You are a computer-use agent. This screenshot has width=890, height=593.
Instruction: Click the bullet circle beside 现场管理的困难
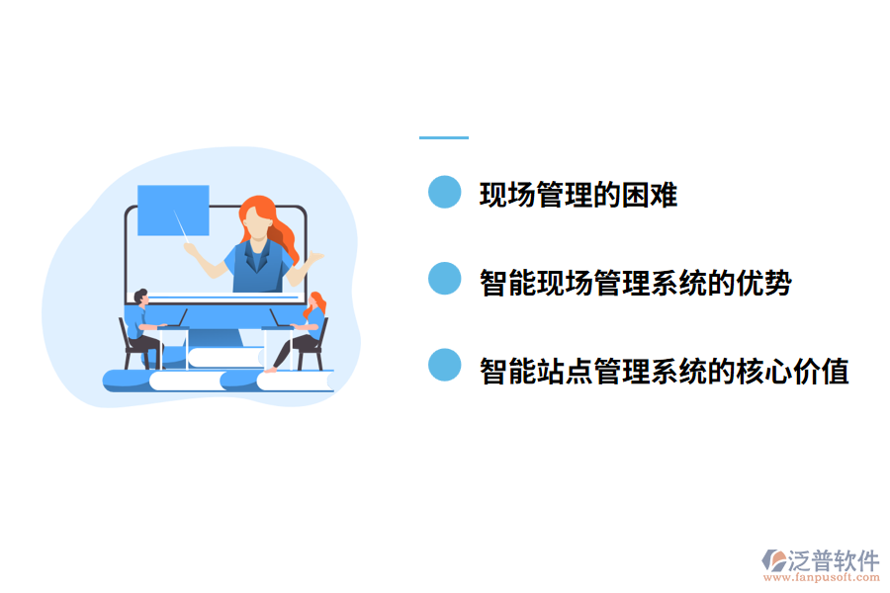click(445, 192)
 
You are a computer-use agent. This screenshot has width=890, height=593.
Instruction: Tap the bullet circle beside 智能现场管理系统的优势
click(445, 279)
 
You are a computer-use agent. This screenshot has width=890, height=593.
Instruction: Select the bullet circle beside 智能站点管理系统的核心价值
click(445, 366)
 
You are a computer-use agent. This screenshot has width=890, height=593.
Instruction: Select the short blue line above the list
click(444, 137)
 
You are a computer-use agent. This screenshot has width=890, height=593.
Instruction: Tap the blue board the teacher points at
click(173, 210)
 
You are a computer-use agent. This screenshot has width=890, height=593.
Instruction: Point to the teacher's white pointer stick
click(183, 226)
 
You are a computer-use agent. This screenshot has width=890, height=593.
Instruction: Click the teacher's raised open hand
click(315, 258)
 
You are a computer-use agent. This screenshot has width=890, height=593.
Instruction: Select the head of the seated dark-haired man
click(140, 297)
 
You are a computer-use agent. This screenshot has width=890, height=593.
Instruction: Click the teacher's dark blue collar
click(256, 257)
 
